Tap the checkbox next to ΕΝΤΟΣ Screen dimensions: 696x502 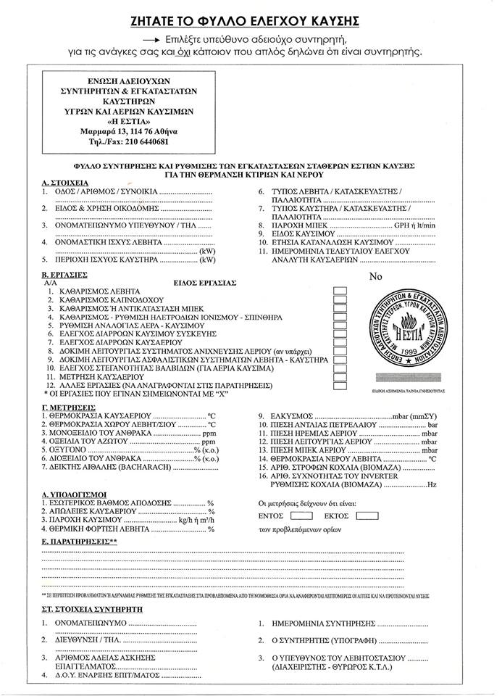pos(302,517)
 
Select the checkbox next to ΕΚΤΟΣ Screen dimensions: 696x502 pos(367,517)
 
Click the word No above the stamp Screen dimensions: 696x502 pos(375,276)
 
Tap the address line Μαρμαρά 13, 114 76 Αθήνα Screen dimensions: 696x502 pos(128,131)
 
